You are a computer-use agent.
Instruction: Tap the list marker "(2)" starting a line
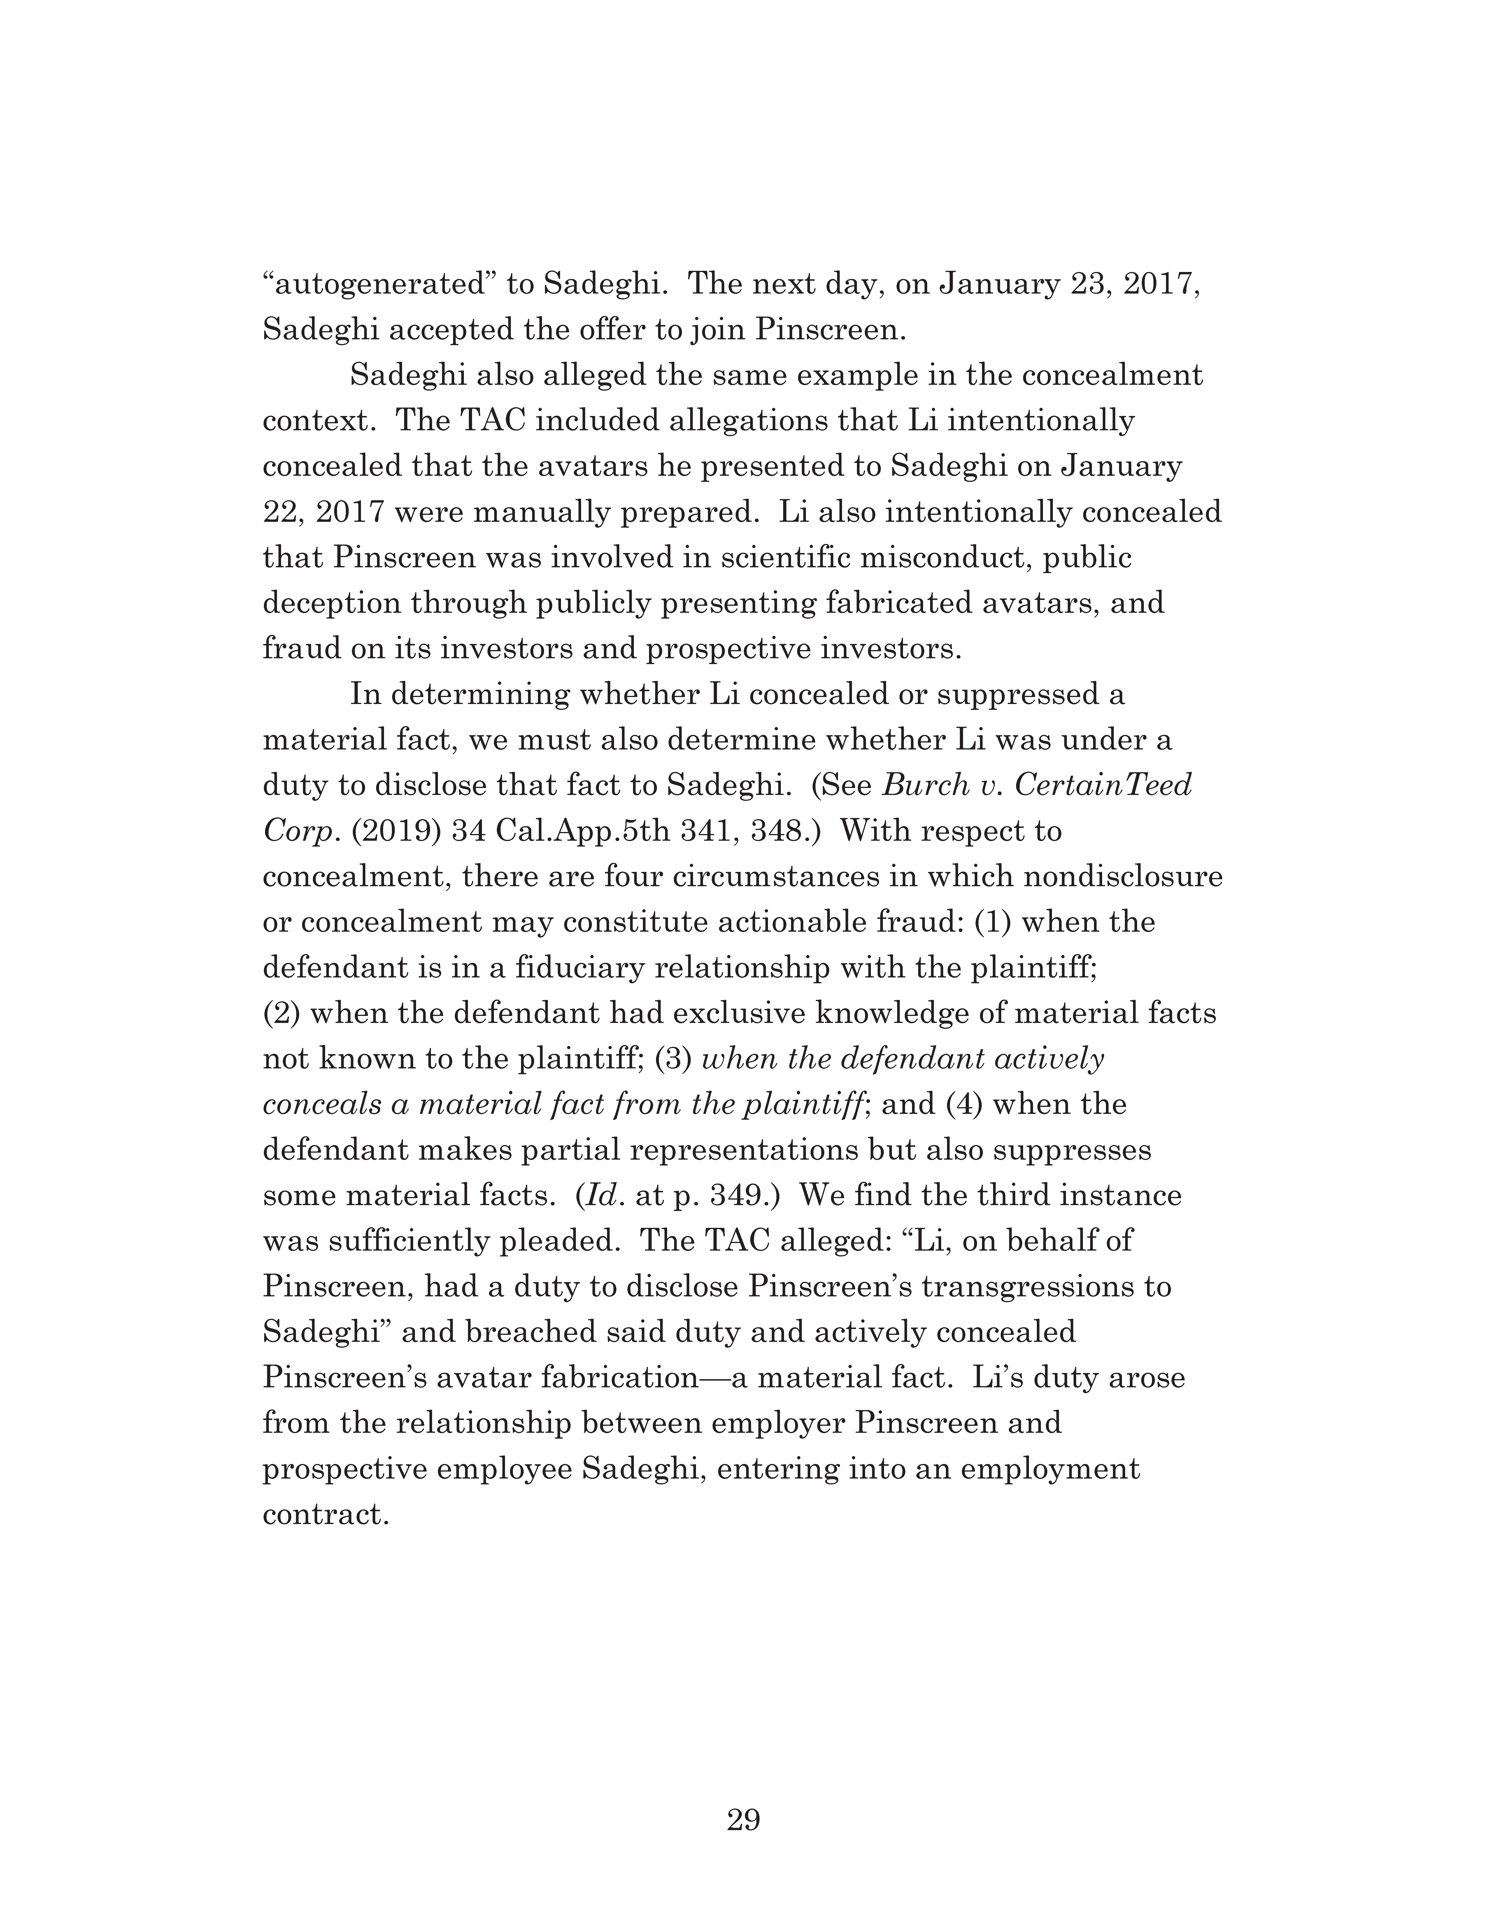pyautogui.click(x=282, y=1014)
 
